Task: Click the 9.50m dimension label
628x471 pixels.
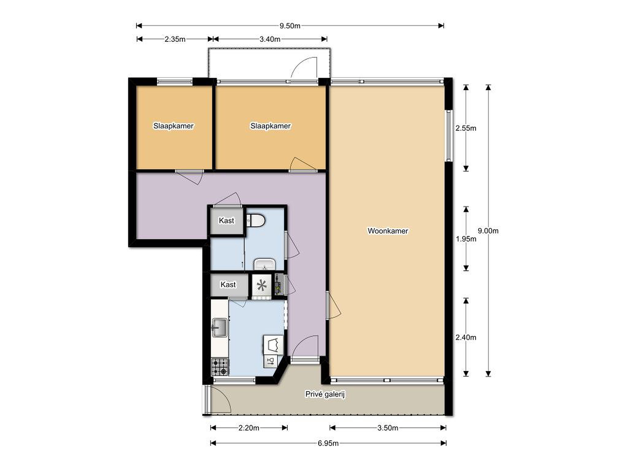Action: pos(290,26)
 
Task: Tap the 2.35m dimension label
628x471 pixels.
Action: pos(175,39)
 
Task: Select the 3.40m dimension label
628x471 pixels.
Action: pos(270,39)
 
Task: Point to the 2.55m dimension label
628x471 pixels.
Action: pos(466,128)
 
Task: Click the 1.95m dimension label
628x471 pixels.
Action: pos(466,239)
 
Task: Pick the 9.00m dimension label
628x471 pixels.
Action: pos(488,231)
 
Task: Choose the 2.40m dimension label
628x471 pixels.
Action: pos(466,337)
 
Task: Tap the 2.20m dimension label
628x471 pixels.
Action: pos(249,428)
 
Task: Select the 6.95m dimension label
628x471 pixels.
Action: pos(328,443)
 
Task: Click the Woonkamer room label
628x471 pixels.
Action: pos(388,231)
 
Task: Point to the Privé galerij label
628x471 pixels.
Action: pos(325,394)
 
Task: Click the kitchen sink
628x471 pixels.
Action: pos(219,327)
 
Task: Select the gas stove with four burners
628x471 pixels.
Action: pos(220,367)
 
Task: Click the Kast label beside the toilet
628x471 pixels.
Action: pos(227,221)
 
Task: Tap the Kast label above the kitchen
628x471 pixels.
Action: pos(228,285)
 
